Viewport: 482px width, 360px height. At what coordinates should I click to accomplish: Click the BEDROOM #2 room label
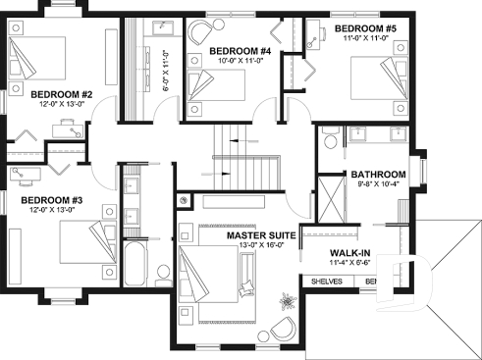click(34, 94)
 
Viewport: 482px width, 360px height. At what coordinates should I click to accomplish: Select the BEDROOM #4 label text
click(240, 51)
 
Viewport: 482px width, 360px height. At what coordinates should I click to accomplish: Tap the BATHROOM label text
click(378, 175)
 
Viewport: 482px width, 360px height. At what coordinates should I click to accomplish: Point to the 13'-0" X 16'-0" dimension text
click(261, 246)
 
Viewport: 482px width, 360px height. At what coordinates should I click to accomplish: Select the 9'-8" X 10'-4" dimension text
click(378, 184)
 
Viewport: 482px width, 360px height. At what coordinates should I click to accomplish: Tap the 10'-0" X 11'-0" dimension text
click(240, 61)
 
